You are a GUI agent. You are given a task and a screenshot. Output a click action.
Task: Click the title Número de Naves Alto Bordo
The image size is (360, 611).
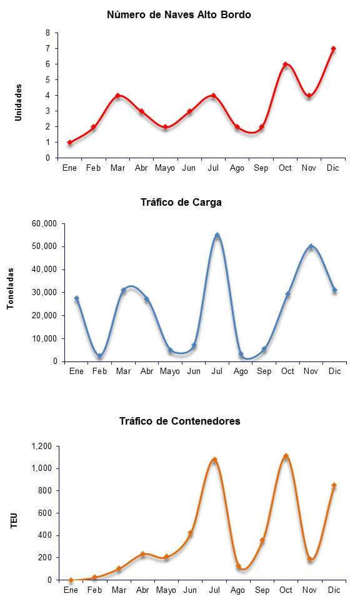(179, 15)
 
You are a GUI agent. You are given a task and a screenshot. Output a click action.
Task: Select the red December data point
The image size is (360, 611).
(333, 49)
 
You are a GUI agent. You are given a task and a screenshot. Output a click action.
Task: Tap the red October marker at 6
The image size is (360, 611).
(285, 64)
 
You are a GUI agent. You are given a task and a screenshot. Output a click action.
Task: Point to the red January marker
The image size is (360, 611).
(70, 143)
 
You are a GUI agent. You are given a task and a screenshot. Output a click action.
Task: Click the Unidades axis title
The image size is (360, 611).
(18, 103)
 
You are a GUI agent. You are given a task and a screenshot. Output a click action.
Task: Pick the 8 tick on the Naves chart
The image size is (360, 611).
(48, 33)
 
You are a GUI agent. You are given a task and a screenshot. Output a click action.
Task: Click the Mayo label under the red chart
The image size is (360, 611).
(165, 168)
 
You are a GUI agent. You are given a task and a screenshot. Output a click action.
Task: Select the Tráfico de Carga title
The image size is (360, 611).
(181, 202)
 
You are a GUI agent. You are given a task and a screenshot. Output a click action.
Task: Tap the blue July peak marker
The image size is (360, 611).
(217, 235)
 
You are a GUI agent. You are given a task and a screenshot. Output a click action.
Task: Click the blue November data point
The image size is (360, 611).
(311, 246)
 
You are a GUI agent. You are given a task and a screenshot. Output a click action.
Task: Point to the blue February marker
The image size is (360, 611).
(100, 356)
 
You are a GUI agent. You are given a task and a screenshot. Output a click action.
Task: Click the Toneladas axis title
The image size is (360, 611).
(11, 289)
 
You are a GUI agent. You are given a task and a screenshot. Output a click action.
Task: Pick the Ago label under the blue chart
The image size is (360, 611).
(241, 371)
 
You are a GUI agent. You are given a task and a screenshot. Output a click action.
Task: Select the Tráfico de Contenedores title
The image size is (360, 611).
(179, 422)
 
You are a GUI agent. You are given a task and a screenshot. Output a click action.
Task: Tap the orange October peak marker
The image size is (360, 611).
(286, 456)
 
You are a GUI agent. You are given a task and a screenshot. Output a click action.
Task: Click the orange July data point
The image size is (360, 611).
(214, 460)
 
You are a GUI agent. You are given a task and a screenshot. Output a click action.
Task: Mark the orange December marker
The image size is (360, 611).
(334, 485)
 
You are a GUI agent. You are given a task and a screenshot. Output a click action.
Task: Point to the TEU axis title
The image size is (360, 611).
(14, 521)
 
